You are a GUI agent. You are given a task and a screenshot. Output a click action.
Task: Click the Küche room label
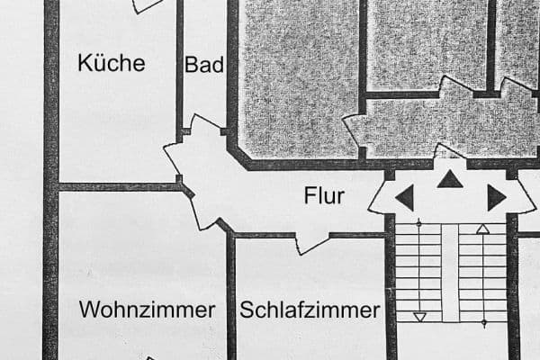point(111,63)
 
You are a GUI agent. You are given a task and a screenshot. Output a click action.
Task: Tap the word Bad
point(203,65)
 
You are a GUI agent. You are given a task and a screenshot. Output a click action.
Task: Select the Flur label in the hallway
point(324,195)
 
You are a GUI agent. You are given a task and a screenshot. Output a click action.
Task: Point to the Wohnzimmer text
point(148,310)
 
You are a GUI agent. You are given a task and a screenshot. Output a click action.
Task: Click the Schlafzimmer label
point(310,310)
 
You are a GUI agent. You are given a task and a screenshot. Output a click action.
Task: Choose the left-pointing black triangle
point(405,198)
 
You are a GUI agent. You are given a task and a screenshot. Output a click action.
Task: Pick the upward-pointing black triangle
point(450,180)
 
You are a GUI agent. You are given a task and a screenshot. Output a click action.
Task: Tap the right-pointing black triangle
point(496,198)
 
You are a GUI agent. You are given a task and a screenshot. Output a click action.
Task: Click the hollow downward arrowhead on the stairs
point(419,316)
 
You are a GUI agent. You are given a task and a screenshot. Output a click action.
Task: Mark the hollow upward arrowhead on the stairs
point(483,229)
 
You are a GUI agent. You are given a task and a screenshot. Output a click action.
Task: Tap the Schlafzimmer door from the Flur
point(310,241)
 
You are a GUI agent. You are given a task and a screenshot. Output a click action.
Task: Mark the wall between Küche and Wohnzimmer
point(117,187)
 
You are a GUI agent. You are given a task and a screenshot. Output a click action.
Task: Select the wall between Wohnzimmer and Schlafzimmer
point(230,297)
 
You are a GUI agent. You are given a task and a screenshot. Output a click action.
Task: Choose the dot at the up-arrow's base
point(483,321)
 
